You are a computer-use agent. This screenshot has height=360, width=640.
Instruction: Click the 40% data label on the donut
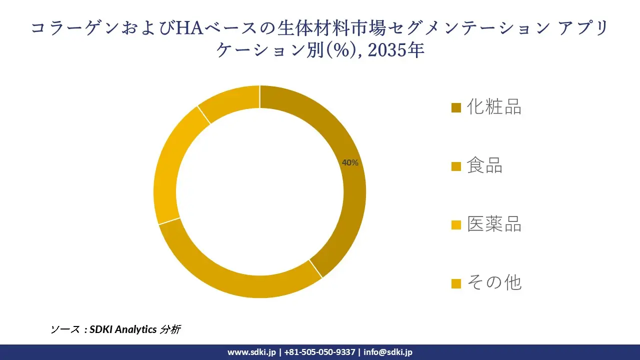(x=350, y=162)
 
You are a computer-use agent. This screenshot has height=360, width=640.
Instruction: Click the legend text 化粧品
(x=494, y=107)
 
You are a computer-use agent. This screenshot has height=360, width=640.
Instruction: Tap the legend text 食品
(x=484, y=165)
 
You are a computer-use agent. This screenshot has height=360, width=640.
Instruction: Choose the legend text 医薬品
(x=494, y=224)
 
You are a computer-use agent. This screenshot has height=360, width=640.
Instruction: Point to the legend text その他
(x=494, y=283)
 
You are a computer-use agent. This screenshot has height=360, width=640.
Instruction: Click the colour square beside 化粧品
(x=456, y=108)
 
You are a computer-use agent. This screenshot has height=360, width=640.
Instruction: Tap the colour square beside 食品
(x=456, y=166)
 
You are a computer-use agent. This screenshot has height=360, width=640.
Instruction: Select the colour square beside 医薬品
(x=456, y=225)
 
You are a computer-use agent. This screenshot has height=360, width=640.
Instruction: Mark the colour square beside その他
(x=456, y=284)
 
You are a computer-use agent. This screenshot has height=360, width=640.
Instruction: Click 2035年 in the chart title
(x=396, y=50)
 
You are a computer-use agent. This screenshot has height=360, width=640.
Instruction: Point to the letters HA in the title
(x=188, y=28)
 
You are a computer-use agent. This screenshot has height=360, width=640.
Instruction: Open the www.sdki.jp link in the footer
(x=251, y=352)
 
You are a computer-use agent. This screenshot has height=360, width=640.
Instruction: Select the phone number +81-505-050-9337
(x=319, y=352)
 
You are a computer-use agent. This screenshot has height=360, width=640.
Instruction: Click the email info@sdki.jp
(x=388, y=352)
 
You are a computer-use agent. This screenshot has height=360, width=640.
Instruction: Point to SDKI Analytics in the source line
(x=123, y=329)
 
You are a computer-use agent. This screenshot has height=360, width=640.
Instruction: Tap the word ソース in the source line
(x=65, y=329)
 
